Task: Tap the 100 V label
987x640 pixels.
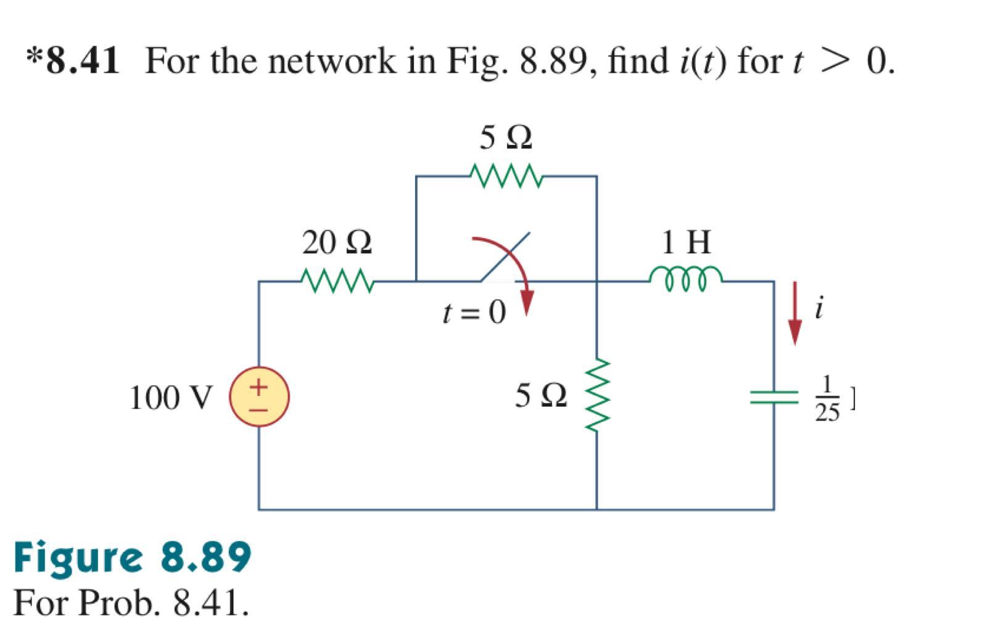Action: click(171, 398)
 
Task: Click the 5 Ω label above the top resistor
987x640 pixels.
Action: click(505, 137)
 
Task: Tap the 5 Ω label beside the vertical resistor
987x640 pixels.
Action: click(541, 395)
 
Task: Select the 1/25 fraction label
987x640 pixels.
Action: click(827, 400)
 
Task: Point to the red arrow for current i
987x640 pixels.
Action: click(795, 313)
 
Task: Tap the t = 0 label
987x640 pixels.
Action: click(474, 313)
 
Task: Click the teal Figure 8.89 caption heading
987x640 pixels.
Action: click(132, 556)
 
